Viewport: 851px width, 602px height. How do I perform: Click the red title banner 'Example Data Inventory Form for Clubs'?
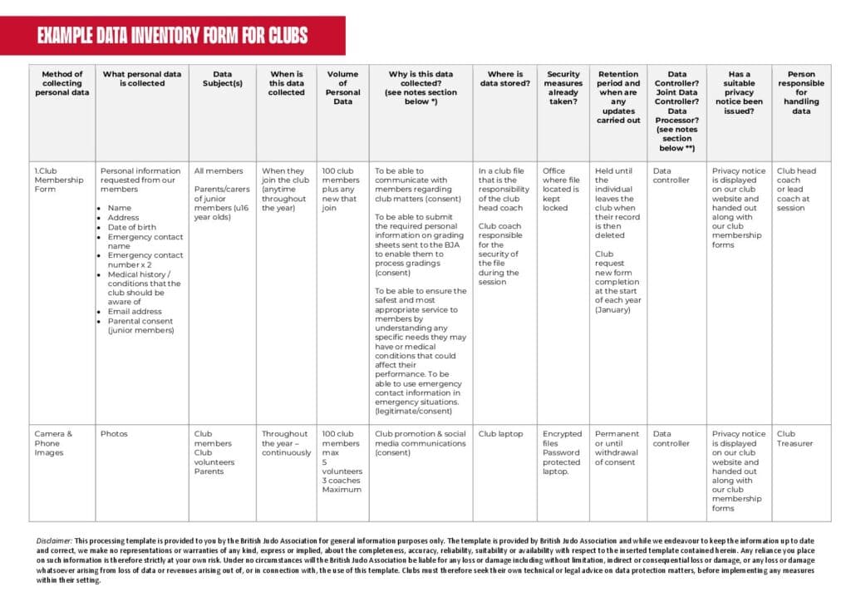(172, 36)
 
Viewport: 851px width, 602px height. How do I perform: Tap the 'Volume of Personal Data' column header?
(342, 87)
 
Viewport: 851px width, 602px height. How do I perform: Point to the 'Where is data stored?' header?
(504, 78)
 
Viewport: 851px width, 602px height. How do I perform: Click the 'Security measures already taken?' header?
(563, 87)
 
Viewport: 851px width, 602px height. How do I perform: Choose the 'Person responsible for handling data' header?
(801, 92)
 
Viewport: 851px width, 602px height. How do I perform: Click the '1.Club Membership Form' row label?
(59, 180)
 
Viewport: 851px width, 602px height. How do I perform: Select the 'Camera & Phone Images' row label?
(53, 443)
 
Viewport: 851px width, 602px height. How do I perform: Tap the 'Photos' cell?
(115, 434)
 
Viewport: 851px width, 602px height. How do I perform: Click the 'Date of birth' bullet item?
(131, 227)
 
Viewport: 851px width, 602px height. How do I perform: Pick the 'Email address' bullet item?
(135, 312)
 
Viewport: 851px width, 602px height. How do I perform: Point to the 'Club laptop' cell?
(501, 434)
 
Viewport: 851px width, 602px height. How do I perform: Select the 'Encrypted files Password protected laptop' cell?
(562, 452)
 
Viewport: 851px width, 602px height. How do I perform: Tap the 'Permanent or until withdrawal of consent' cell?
(617, 448)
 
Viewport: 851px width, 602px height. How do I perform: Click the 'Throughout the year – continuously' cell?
(286, 443)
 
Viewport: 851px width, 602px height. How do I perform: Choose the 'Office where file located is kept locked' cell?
(561, 190)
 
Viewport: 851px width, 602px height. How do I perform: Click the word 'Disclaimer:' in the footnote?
(55, 540)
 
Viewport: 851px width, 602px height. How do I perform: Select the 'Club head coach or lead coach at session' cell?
(796, 190)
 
